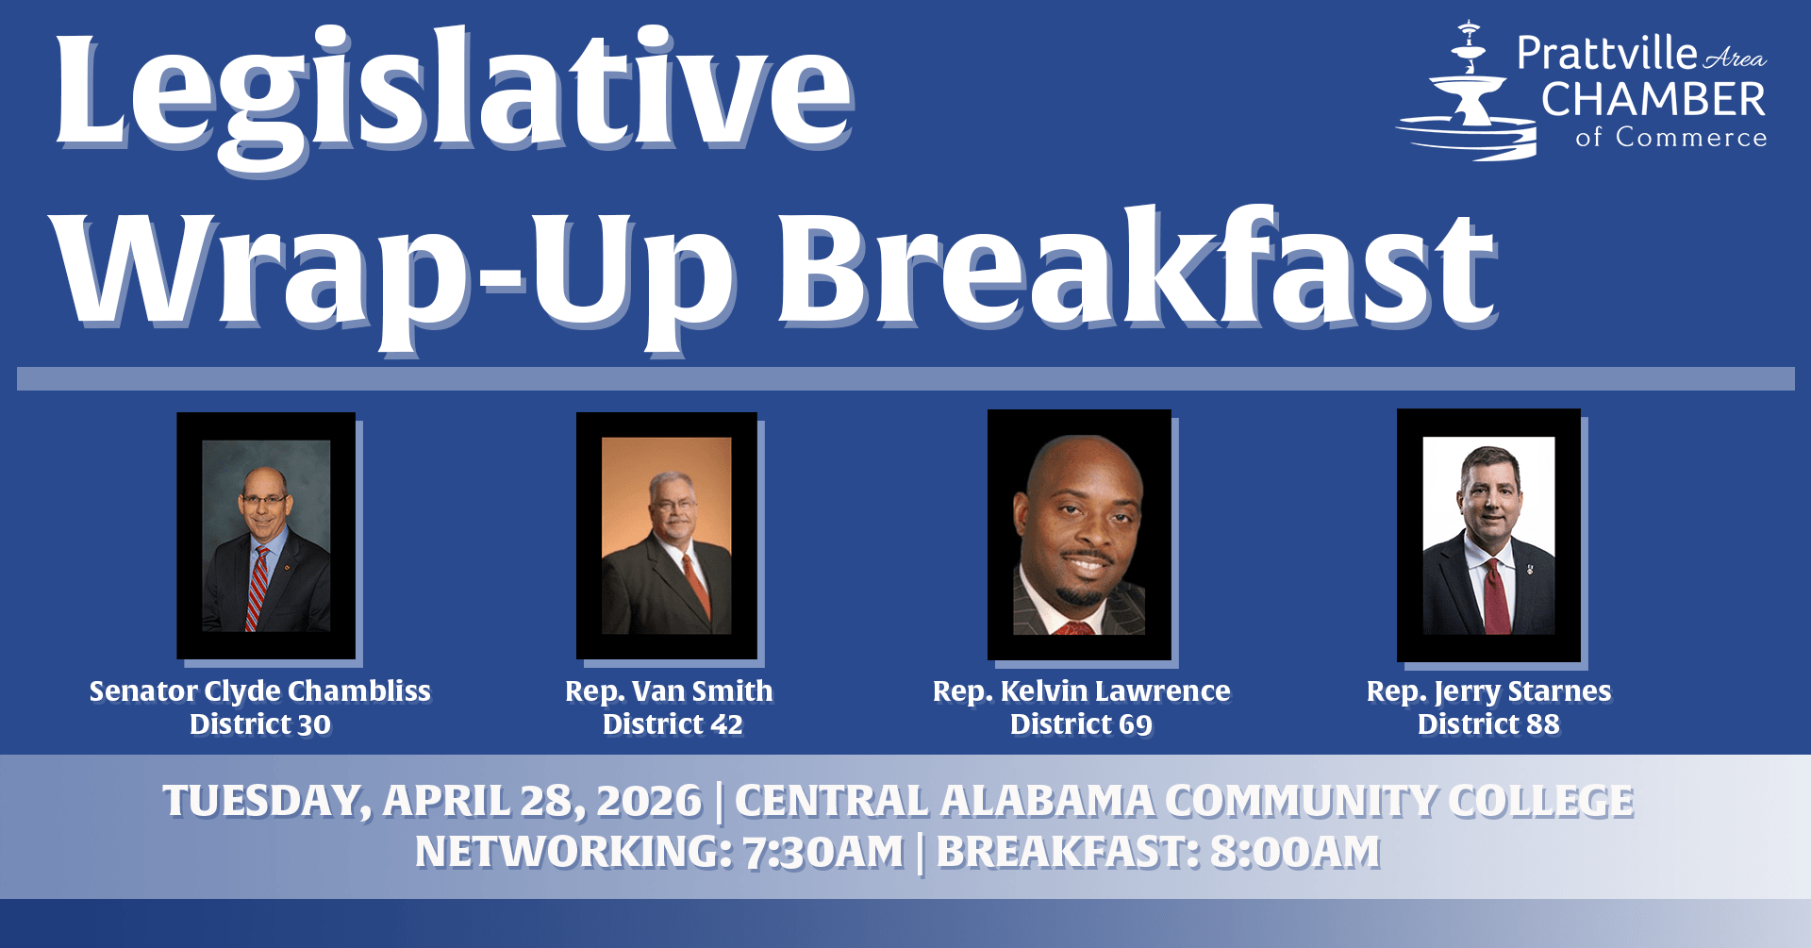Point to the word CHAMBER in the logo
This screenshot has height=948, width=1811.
1653,99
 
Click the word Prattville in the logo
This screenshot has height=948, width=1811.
1607,53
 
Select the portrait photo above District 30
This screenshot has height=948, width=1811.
266,535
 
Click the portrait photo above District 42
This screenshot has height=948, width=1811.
667,535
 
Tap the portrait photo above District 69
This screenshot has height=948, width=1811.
1079,534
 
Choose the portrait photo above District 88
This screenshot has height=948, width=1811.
1488,535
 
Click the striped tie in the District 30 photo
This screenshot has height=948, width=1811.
257,590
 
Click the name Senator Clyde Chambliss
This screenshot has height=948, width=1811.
260,691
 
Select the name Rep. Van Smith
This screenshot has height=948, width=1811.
669,691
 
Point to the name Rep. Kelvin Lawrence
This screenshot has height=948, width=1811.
1082,691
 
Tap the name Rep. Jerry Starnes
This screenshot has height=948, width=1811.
1489,691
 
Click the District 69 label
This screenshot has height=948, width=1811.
1082,724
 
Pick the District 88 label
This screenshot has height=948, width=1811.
1489,724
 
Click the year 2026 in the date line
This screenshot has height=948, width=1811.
650,802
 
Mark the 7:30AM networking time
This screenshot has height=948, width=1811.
823,853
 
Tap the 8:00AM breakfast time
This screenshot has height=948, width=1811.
1295,853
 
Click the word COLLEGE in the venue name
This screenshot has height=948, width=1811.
1541,802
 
